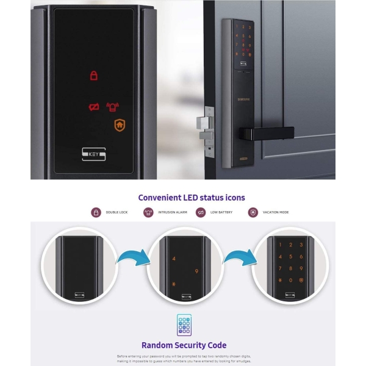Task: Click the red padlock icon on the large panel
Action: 94,76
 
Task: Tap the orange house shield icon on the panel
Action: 120,125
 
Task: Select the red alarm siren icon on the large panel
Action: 112,107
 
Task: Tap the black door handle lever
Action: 268,132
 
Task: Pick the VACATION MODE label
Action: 276,212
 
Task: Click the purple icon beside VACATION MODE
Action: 253,212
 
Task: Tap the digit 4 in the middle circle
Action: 174,259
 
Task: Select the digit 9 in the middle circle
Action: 196,271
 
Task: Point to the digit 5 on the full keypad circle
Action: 292,257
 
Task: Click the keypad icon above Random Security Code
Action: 184,325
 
